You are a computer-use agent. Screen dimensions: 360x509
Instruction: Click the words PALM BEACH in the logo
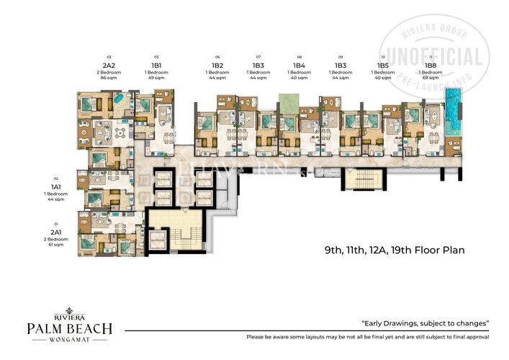[69, 329]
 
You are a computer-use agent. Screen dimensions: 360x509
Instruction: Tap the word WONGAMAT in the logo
[69, 341]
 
